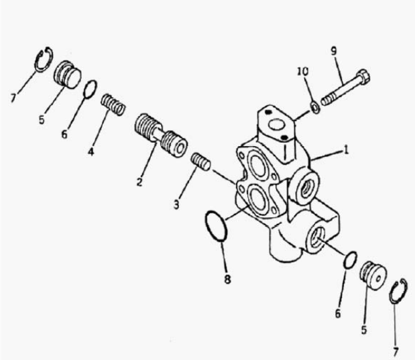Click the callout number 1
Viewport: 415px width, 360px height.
point(346,150)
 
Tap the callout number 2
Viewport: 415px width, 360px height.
point(139,182)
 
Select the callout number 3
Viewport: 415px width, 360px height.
point(176,204)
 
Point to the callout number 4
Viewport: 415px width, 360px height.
point(91,152)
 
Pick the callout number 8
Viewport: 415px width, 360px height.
point(228,279)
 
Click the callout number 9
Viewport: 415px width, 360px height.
point(334,51)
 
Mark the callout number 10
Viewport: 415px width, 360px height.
point(303,71)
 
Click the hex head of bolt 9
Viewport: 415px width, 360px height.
point(363,77)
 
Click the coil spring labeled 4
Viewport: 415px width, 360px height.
point(113,105)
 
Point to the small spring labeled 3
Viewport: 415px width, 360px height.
point(201,162)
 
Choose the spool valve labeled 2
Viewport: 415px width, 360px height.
point(161,135)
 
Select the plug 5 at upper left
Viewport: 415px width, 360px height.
point(68,74)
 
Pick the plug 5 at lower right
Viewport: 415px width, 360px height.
point(373,276)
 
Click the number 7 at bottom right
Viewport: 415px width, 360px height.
point(396,352)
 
